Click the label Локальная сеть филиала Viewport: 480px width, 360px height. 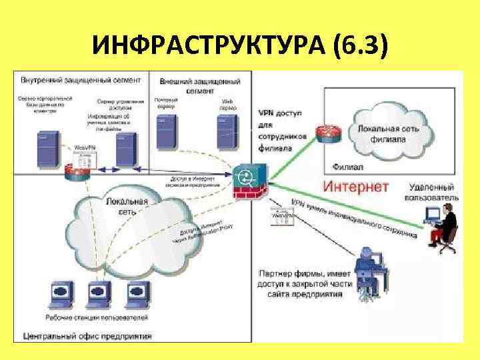[x=389, y=134]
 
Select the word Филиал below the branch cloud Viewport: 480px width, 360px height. [x=346, y=165]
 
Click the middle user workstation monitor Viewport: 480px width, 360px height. [x=99, y=293]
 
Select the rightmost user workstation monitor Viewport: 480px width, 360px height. [x=136, y=293]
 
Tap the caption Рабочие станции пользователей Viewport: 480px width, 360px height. [x=96, y=317]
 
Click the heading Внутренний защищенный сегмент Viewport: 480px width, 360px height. [x=81, y=80]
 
